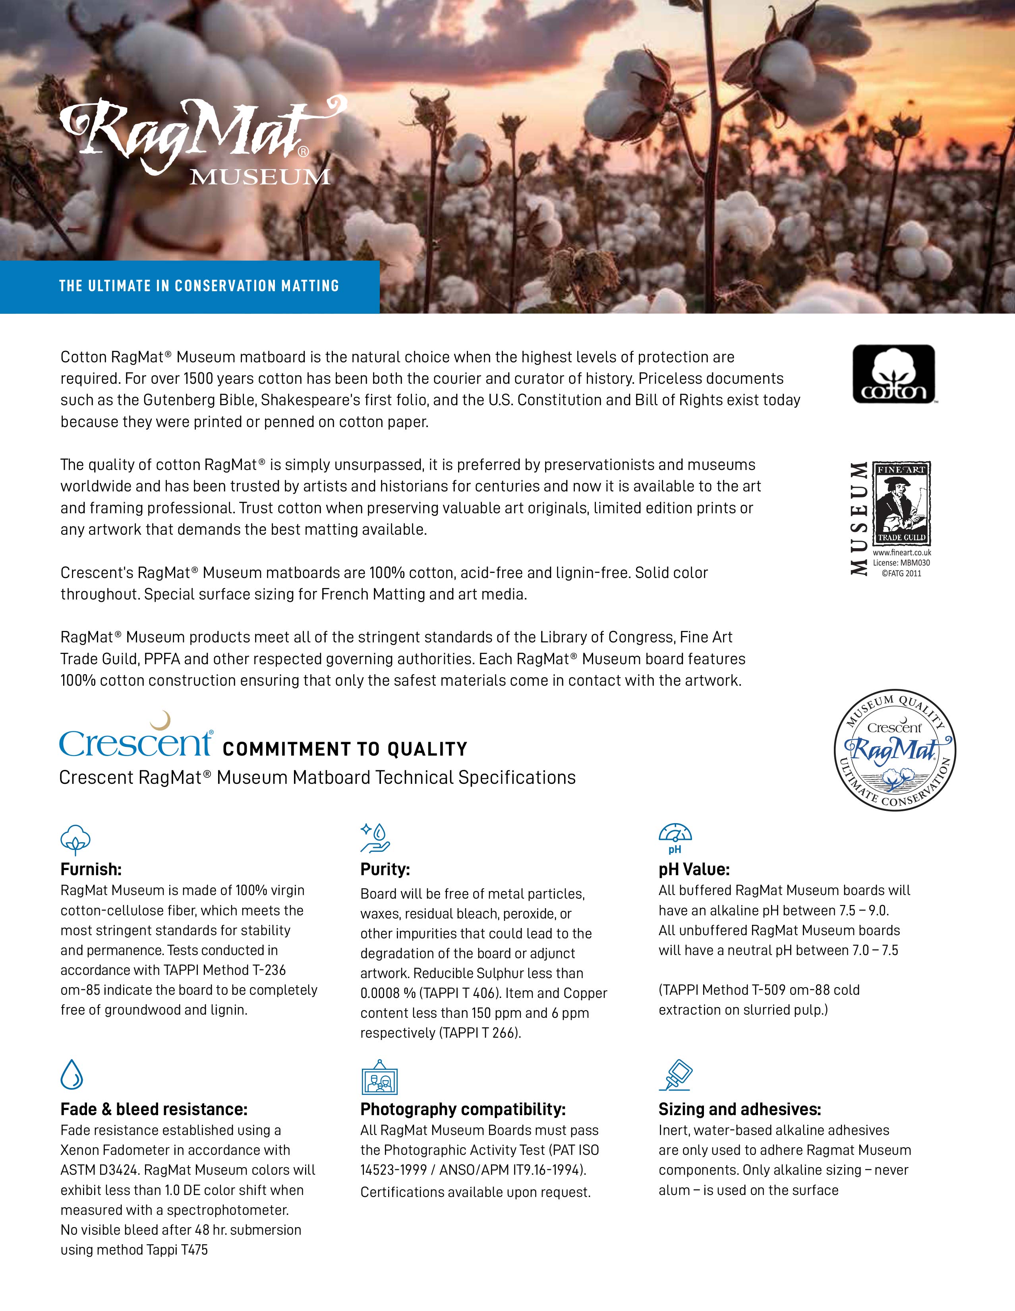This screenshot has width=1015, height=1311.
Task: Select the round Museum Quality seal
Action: pyautogui.click(x=895, y=750)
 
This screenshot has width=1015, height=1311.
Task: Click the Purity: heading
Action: pyautogui.click(x=385, y=869)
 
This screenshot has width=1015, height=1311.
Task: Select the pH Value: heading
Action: pyautogui.click(x=694, y=869)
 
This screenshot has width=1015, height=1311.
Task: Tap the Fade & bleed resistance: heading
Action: pyautogui.click(x=154, y=1109)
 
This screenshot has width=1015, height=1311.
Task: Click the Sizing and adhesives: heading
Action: pyautogui.click(x=739, y=1109)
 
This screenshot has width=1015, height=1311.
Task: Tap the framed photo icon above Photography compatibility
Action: pyautogui.click(x=379, y=1077)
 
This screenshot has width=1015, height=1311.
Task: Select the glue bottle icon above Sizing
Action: pyautogui.click(x=677, y=1075)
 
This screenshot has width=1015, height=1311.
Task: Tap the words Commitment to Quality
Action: pyautogui.click(x=344, y=749)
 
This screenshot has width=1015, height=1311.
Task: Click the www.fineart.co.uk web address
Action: pyautogui.click(x=901, y=552)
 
